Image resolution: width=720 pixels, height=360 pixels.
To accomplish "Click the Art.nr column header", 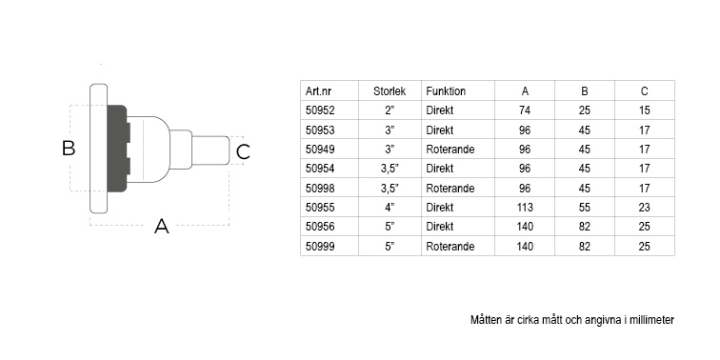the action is [x=318, y=91].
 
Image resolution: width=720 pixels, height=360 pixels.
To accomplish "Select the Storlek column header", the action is [x=390, y=91].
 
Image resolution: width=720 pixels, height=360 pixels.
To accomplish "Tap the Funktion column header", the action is [x=446, y=91].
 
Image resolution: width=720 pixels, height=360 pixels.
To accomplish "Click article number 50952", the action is [x=320, y=110].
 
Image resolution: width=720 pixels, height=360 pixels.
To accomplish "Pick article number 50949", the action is [x=320, y=150].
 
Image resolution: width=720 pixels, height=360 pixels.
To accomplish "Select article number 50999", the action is [x=320, y=247].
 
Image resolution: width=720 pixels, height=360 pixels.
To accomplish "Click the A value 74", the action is [x=525, y=110].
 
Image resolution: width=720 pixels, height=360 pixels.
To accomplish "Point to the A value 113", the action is [x=525, y=208].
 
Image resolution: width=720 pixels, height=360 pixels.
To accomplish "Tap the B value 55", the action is [x=585, y=208].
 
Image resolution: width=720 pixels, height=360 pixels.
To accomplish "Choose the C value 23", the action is [x=644, y=208].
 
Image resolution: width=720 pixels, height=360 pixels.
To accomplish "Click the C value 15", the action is [x=644, y=110].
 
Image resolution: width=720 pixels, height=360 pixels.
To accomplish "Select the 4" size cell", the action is [x=390, y=208].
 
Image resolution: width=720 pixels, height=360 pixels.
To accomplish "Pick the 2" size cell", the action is [x=390, y=110].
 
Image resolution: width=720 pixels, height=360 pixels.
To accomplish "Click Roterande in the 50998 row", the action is [x=450, y=189].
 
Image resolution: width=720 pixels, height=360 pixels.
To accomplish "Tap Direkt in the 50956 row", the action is [x=439, y=227].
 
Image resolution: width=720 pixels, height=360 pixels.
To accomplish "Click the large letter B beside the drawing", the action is [x=69, y=149].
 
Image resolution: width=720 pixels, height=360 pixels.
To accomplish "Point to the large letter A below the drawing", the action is [x=161, y=226].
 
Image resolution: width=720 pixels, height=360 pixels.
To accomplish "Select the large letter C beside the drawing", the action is [x=243, y=152].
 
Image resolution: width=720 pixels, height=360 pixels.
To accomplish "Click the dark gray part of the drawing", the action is [x=116, y=149].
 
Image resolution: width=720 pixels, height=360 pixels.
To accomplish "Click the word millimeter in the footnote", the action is [x=652, y=320].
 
